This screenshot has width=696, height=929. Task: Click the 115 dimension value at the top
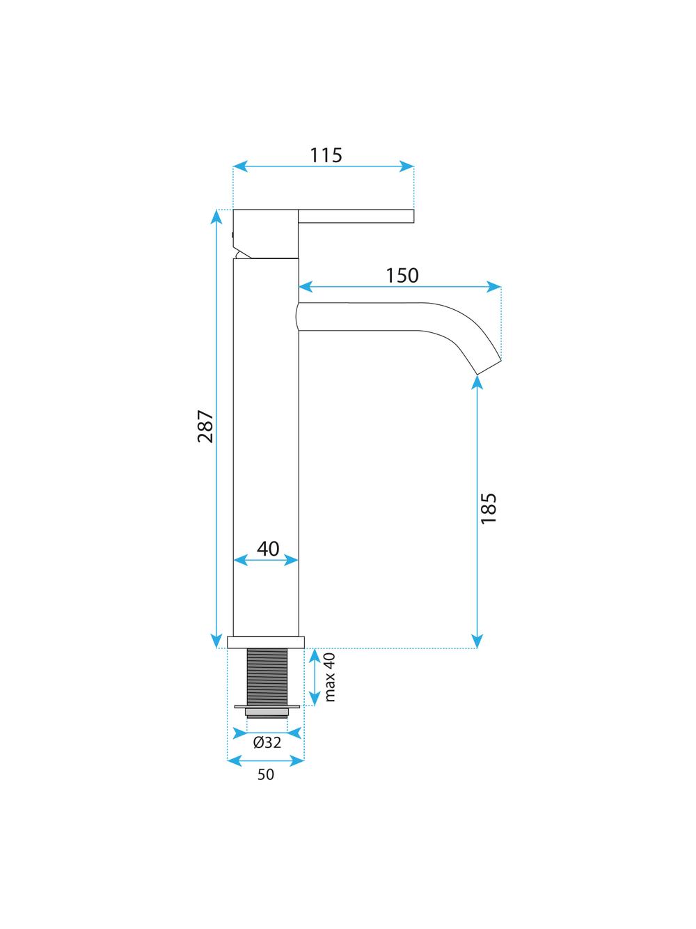(326, 155)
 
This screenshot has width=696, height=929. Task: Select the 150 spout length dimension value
(402, 276)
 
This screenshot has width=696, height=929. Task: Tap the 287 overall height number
(205, 427)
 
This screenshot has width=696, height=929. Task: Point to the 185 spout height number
(489, 508)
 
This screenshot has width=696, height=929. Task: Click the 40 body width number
(268, 549)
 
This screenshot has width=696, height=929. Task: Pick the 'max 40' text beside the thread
(330, 676)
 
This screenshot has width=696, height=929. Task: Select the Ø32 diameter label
(267, 742)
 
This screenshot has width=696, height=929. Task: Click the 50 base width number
(266, 774)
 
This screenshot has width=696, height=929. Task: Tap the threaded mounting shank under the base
(268, 676)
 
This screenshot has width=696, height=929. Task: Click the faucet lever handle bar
(356, 217)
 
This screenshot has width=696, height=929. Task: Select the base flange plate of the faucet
(266, 642)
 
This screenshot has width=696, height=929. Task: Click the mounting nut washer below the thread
(268, 708)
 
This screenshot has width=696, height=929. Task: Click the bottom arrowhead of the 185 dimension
(477, 642)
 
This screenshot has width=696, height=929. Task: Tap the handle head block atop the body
(266, 233)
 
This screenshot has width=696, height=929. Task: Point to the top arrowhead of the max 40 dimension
(315, 655)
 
